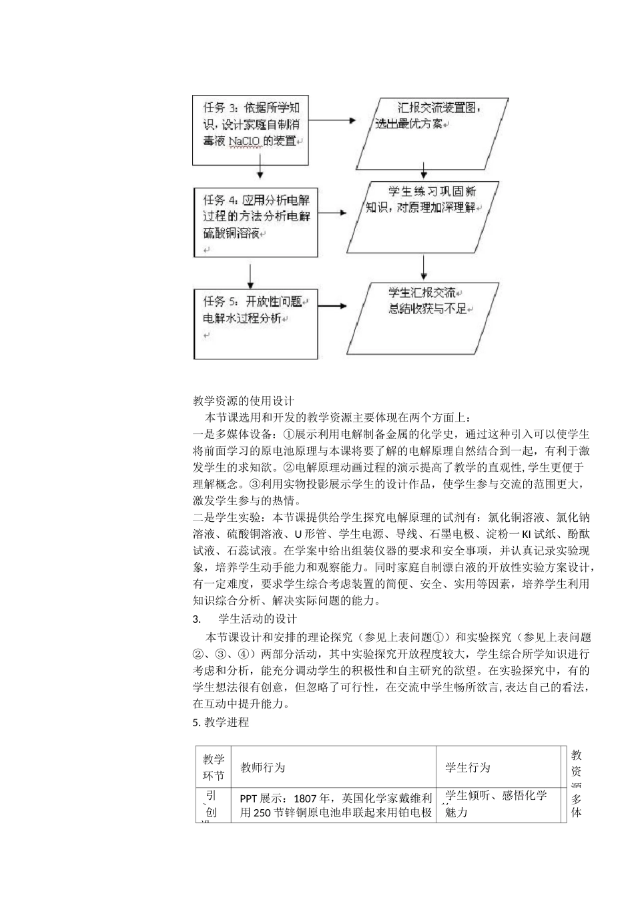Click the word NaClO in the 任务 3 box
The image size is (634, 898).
click(247, 141)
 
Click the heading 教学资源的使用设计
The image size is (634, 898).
click(243, 401)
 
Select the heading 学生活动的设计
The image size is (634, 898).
click(258, 619)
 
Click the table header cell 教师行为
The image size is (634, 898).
click(262, 768)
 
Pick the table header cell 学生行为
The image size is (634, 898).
click(468, 768)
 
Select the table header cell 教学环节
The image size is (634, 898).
click(214, 768)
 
